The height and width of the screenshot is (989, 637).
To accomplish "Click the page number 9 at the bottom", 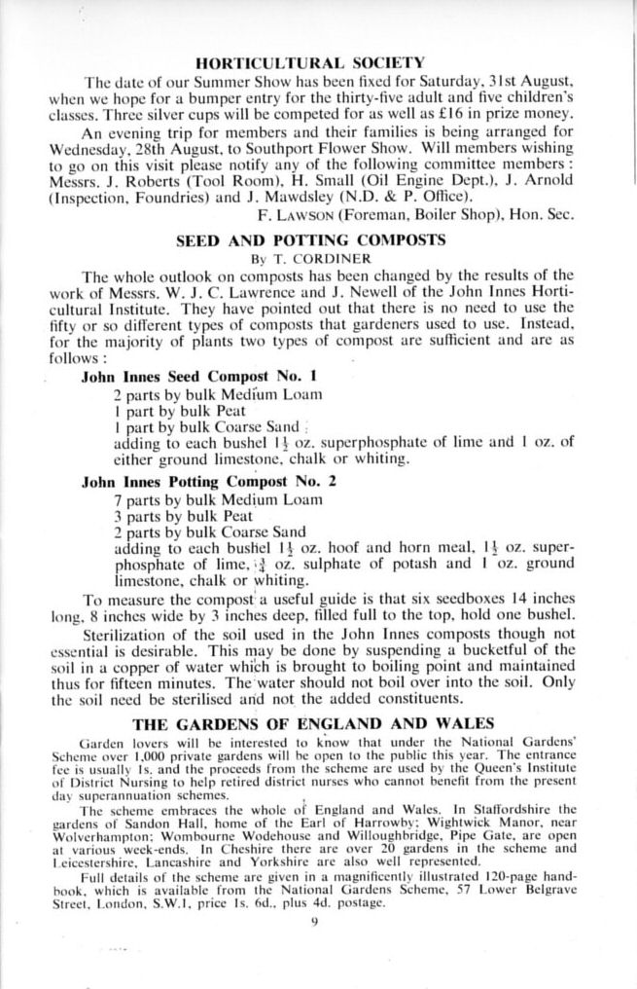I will pos(315,924).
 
